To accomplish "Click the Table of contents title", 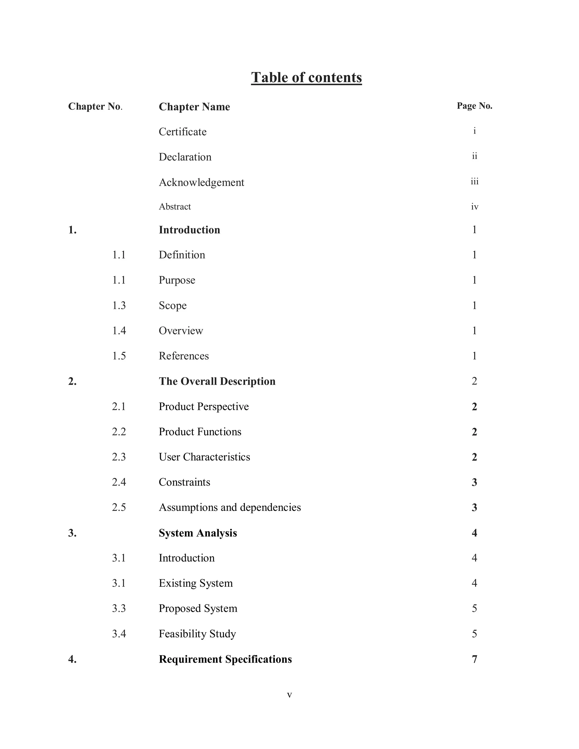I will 306,77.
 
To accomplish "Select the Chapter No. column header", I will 95,107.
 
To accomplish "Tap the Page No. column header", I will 474,106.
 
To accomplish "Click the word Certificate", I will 182,132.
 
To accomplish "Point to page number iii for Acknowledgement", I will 474,182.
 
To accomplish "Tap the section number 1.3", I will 119,306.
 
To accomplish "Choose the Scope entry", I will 172,306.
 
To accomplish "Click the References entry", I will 183,356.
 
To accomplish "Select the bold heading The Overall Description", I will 217,381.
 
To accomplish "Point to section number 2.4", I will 119,482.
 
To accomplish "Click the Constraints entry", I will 184,482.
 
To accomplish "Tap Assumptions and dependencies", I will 230,508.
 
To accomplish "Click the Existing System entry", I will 196,583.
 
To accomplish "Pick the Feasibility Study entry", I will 197,634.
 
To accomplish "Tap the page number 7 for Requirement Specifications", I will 474,659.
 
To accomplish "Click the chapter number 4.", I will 72,659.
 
